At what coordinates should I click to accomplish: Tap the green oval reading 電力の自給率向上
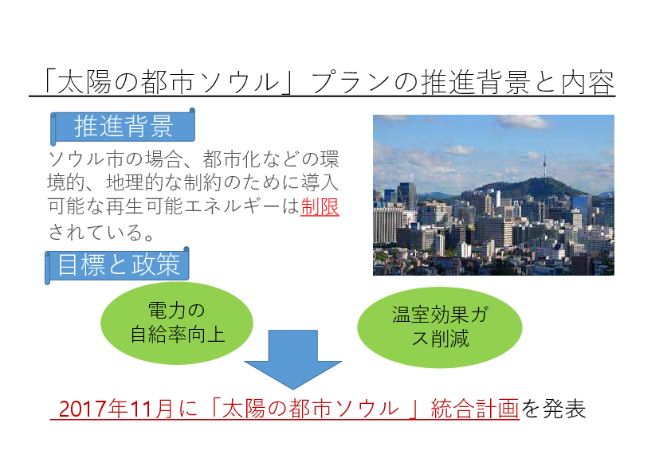[177, 323]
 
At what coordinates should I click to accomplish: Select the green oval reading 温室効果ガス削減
[439, 327]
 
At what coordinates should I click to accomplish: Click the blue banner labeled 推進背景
[123, 126]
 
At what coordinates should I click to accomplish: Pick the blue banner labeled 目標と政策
[117, 265]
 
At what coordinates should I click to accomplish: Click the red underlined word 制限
[320, 207]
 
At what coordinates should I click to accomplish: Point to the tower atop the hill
[545, 165]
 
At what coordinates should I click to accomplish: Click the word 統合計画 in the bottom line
[475, 409]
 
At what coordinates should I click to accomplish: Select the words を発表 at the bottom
[553, 409]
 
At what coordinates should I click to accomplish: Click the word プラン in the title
[351, 82]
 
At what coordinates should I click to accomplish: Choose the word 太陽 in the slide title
[84, 82]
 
